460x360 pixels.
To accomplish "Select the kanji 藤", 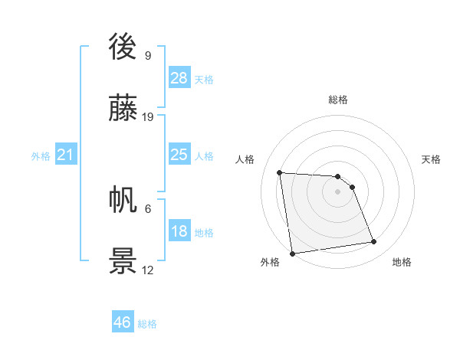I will coord(123,110).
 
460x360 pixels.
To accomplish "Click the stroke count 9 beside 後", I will coord(147,55).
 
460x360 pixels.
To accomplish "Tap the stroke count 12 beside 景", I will coord(148,270).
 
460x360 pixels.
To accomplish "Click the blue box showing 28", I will coord(179,77).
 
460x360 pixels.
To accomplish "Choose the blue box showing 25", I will coord(179,155).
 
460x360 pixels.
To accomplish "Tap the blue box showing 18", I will coord(179,231).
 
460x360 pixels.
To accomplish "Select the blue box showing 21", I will coord(65,155).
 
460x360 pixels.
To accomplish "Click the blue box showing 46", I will coord(123,322).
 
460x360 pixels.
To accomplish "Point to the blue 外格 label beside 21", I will coord(41,155).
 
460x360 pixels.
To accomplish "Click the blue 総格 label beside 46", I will coord(147,324).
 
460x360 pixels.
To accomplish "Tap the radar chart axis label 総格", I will coord(337,100).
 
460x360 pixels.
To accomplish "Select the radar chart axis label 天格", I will coord(431,159).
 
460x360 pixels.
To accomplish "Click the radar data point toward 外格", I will coord(292,254).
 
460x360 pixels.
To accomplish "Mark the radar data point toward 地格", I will coord(374,242).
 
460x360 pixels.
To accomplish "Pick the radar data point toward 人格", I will coord(280,172).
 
